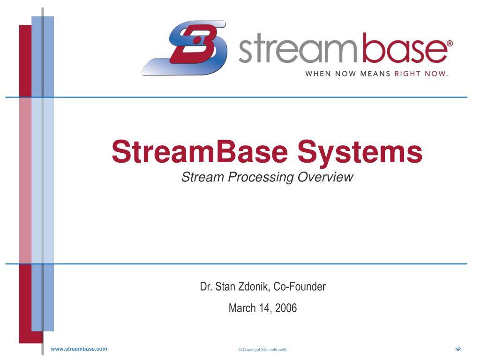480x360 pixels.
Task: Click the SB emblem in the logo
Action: (185, 48)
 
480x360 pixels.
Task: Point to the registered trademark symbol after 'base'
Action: (450, 43)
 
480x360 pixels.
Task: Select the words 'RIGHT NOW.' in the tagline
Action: (421, 73)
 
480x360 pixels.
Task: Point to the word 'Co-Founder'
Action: (303, 286)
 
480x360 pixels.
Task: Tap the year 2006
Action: (286, 308)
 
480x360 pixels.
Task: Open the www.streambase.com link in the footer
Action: (79, 349)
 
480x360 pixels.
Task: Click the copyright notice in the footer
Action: (262, 350)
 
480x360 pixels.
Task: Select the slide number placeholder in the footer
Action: (458, 349)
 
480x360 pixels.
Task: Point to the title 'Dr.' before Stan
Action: (205, 286)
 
